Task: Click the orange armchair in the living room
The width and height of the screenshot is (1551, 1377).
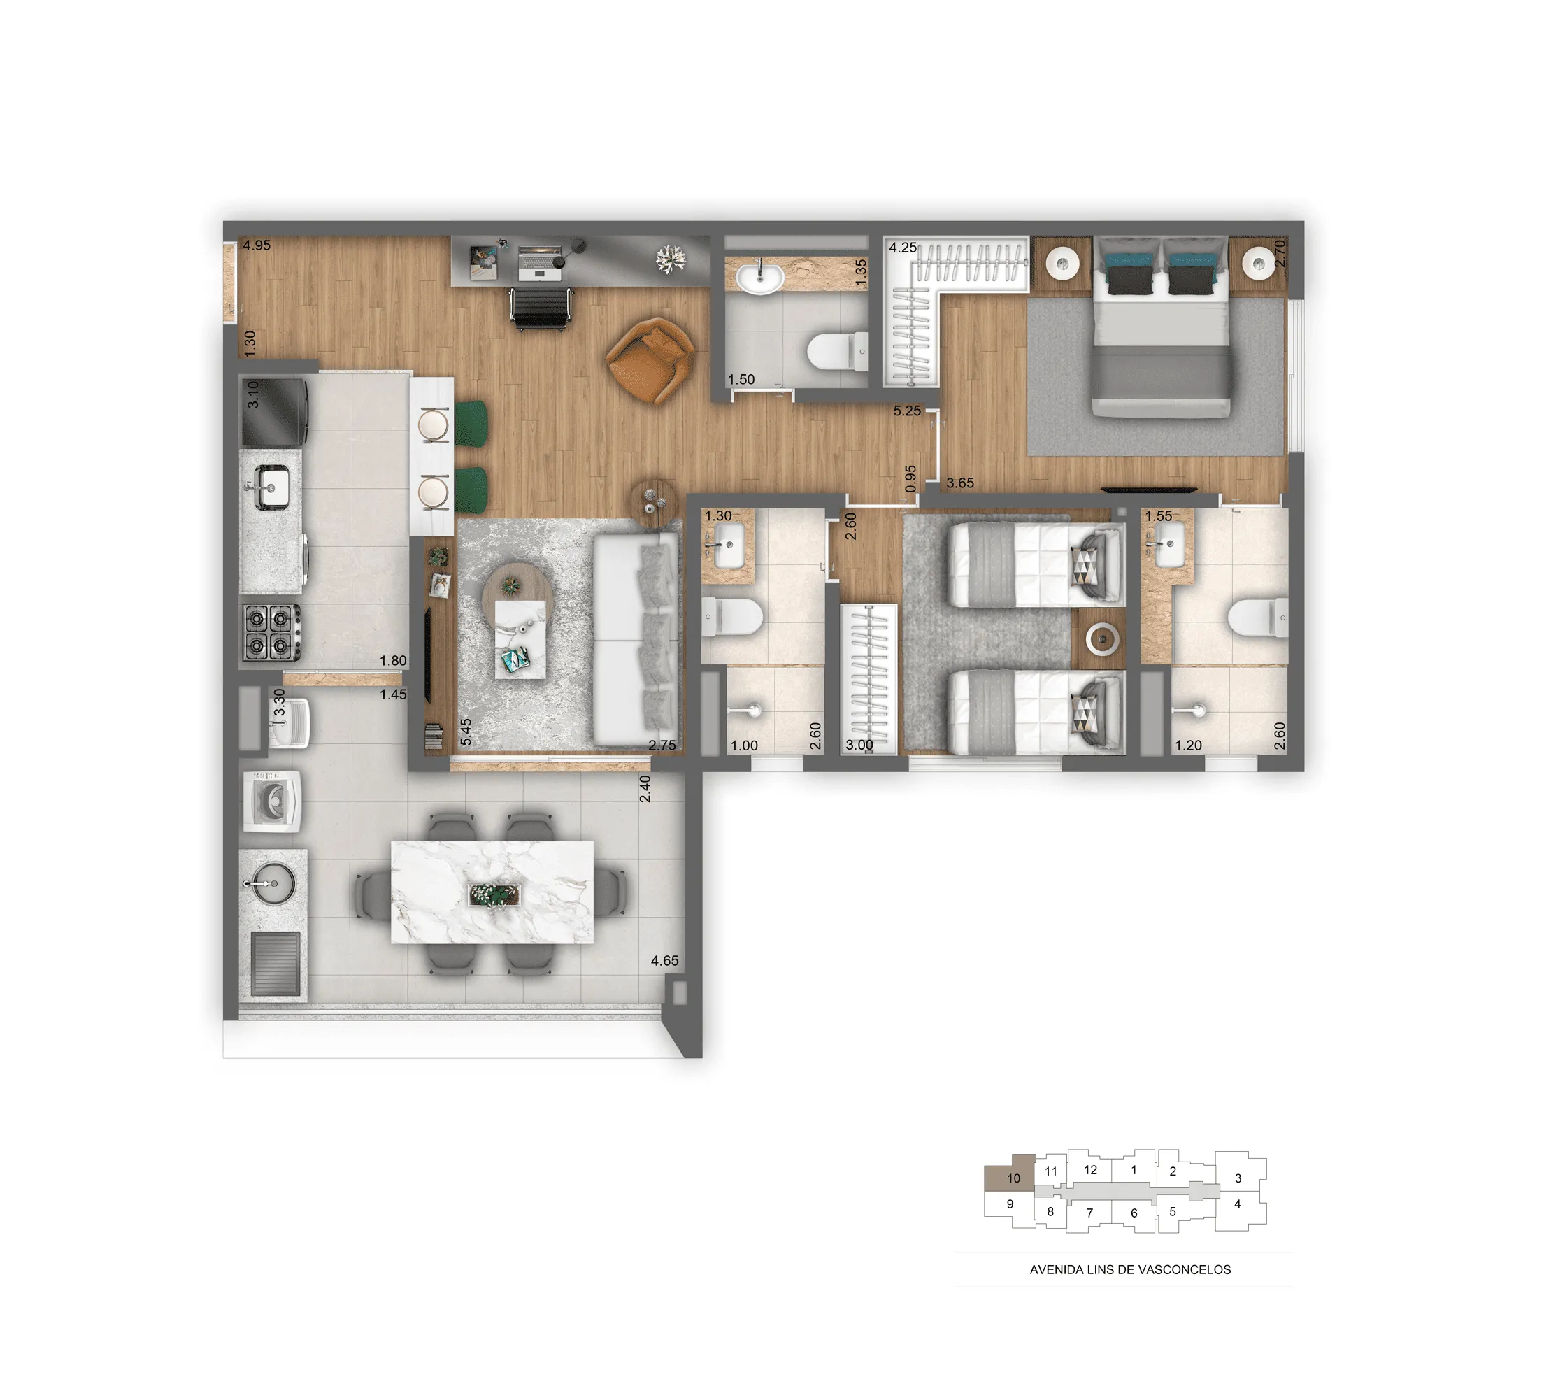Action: [x=650, y=360]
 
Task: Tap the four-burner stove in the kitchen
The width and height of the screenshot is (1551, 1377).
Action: [x=270, y=632]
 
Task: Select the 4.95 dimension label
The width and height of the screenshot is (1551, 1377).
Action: [x=257, y=245]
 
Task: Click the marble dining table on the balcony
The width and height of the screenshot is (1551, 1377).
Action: [x=492, y=892]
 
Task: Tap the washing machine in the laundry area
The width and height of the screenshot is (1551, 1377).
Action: [x=271, y=801]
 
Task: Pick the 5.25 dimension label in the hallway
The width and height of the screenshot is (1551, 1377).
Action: [x=907, y=411]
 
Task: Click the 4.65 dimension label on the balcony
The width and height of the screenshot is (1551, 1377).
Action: [x=665, y=960]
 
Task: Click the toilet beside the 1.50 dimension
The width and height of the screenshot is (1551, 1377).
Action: [x=837, y=351]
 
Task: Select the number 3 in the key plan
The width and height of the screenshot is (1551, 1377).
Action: [x=1238, y=1178]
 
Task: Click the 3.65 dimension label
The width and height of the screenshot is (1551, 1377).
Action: [x=960, y=483]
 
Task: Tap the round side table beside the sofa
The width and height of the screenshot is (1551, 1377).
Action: [x=654, y=502]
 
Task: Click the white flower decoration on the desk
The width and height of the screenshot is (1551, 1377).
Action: [x=671, y=259]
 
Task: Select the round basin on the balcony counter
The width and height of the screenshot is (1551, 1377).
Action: [x=274, y=883]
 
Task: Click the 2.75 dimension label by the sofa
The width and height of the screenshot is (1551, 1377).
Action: [x=662, y=745]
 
